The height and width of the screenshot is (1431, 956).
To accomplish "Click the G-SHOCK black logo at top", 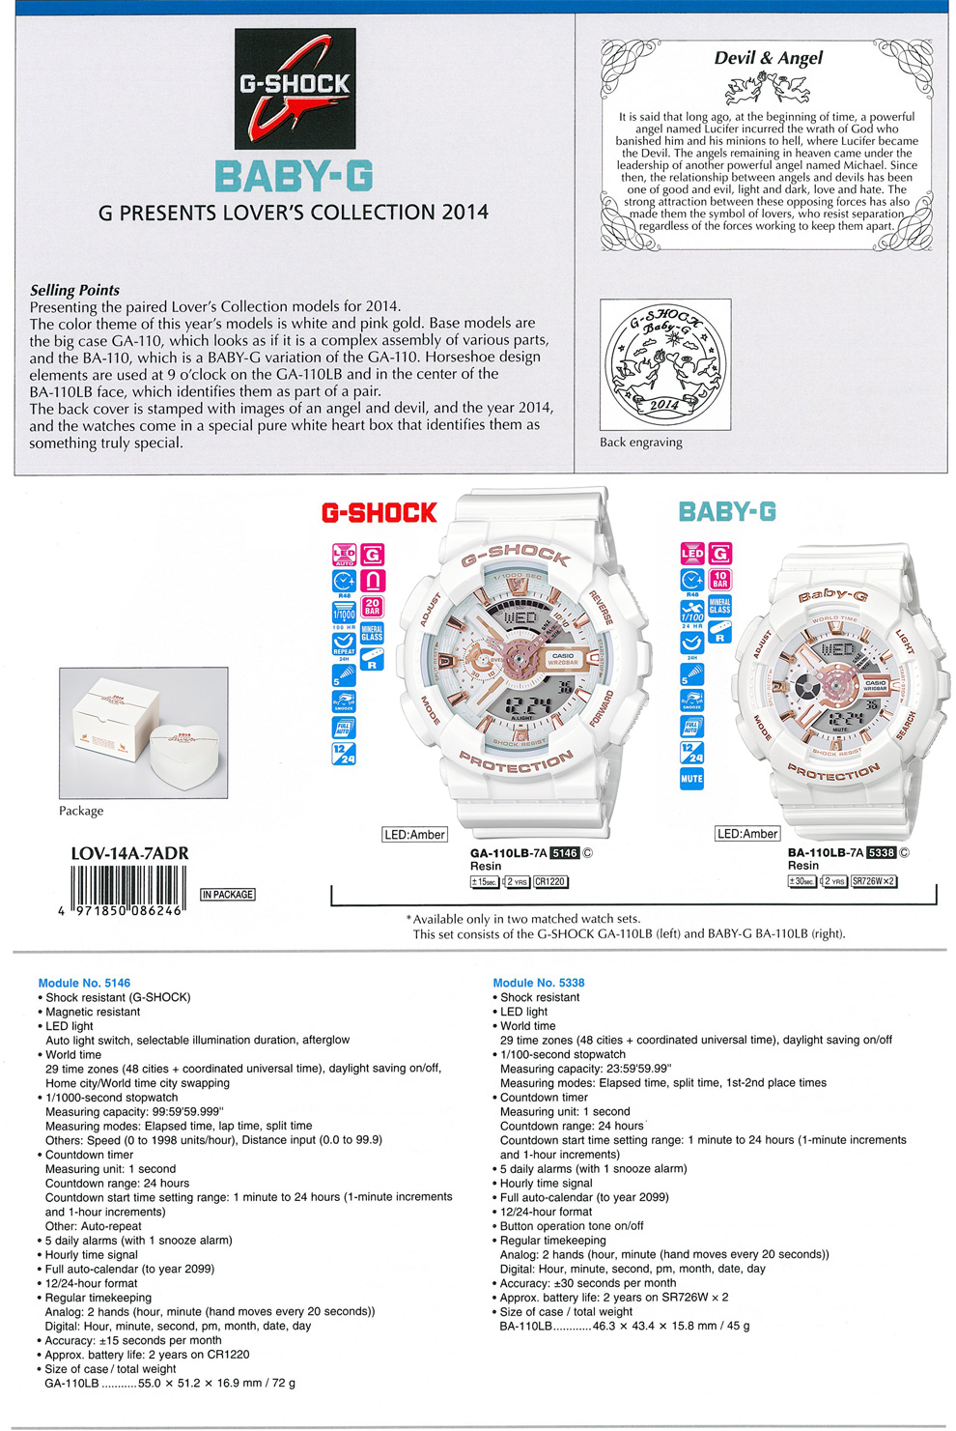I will click(x=295, y=88).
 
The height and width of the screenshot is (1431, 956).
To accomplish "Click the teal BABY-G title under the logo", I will click(x=294, y=177).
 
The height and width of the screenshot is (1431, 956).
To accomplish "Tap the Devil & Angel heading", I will click(x=768, y=58).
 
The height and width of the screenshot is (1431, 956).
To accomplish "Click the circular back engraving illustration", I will click(x=664, y=364).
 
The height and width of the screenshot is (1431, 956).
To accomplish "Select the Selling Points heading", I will click(x=74, y=290).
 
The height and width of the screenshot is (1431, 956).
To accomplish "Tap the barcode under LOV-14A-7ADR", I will click(x=127, y=886).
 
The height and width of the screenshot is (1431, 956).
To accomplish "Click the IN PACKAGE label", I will click(x=228, y=895).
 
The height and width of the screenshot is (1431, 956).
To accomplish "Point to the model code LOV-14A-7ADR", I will click(x=129, y=853).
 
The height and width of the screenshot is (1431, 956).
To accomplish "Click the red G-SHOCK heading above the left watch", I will click(x=379, y=513).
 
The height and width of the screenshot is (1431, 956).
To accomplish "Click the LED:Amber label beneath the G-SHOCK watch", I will click(x=414, y=835).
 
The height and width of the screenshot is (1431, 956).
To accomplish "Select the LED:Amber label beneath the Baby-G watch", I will click(x=746, y=834).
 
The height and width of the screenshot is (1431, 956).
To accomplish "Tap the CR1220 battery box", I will click(x=550, y=881).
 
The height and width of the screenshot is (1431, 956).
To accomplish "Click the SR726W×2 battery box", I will click(x=874, y=881).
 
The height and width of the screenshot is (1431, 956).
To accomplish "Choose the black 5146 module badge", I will click(x=564, y=853).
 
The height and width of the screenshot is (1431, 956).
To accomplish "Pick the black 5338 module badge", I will click(x=882, y=852).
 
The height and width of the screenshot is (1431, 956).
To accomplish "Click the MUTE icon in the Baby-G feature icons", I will click(x=691, y=779).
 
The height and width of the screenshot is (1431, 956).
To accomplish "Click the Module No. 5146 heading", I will click(x=84, y=983).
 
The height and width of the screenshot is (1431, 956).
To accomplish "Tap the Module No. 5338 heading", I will click(x=539, y=983).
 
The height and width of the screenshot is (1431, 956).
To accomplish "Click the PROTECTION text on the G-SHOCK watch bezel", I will click(x=516, y=762).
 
